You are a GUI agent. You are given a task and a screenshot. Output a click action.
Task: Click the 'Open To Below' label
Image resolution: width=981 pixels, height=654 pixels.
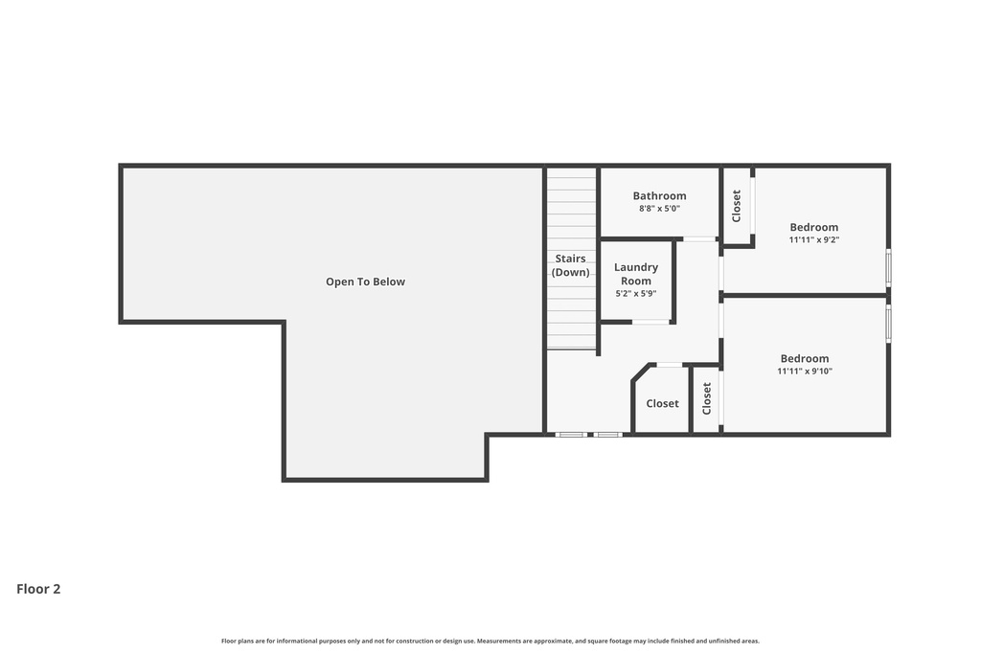tap(365, 282)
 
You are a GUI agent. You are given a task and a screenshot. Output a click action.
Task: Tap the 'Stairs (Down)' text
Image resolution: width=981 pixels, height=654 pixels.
tap(570, 265)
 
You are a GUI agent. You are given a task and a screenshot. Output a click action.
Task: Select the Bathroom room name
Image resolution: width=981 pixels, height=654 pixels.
tap(659, 196)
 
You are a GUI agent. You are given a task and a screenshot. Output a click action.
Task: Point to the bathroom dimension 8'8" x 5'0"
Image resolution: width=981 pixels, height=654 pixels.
tap(659, 209)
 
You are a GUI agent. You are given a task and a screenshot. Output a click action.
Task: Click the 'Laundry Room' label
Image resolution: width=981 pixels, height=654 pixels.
tap(636, 274)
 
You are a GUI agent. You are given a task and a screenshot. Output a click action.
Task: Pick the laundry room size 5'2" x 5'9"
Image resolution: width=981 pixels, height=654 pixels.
tap(636, 294)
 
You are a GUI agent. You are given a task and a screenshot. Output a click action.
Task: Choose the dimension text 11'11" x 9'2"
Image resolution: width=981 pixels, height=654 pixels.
tap(813, 240)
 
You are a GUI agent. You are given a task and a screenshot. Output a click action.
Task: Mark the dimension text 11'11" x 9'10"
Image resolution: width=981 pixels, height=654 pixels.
tap(804, 372)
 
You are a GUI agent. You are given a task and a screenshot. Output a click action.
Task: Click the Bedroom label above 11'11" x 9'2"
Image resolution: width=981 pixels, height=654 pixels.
tap(813, 227)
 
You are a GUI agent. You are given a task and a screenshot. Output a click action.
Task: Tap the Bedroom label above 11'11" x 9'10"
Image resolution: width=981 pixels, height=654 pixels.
tap(804, 359)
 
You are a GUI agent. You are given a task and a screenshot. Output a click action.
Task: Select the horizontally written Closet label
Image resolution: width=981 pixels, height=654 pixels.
tap(662, 404)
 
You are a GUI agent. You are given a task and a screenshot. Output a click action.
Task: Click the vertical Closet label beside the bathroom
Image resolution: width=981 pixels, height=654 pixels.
tap(737, 206)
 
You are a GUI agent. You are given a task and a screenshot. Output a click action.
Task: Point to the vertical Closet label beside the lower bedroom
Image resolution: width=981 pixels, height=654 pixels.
tap(707, 398)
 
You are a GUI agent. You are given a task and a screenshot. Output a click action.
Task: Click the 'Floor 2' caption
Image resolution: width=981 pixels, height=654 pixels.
tap(38, 589)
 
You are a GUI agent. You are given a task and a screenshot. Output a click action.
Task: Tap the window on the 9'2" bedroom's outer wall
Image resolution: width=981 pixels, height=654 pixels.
tap(888, 267)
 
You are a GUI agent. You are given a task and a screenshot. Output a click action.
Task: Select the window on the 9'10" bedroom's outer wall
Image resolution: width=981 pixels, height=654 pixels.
tap(888, 323)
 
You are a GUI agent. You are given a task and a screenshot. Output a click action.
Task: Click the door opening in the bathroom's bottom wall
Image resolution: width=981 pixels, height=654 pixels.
tap(699, 238)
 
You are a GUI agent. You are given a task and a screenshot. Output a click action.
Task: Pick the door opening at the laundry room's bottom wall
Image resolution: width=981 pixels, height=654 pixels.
tap(650, 322)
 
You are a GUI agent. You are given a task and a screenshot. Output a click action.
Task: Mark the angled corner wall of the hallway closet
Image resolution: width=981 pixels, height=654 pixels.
tap(642, 372)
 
